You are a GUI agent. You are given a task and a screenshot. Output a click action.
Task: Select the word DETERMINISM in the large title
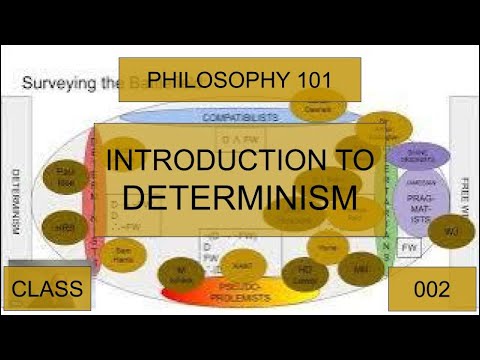pyautogui.click(x=240, y=196)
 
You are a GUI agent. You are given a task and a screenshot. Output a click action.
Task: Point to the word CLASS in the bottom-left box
pyautogui.click(x=47, y=290)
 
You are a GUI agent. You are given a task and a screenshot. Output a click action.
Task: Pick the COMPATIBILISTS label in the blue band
pyautogui.click(x=239, y=117)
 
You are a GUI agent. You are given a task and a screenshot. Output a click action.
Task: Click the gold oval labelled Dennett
pyautogui.click(x=319, y=106)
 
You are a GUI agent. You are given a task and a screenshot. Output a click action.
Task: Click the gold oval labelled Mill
pyautogui.click(x=357, y=267)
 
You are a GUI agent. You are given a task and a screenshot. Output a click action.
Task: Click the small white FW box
pyautogui.click(x=410, y=246)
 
